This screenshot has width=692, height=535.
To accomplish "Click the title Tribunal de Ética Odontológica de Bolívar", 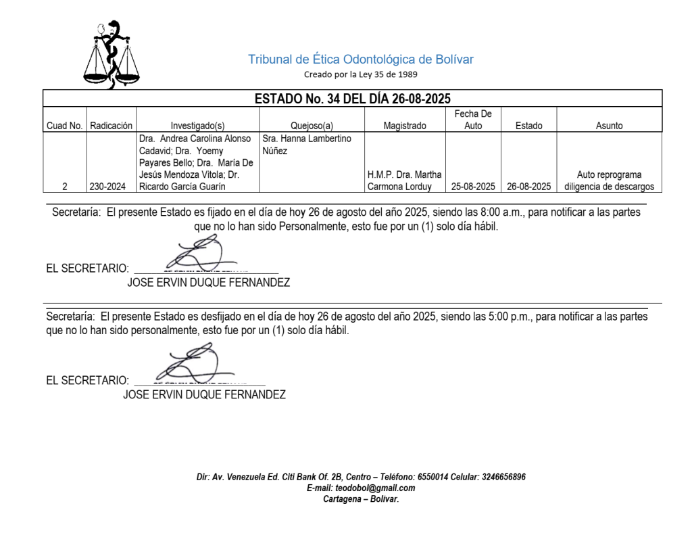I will (361, 60).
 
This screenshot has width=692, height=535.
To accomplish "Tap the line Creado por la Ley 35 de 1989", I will (361, 74).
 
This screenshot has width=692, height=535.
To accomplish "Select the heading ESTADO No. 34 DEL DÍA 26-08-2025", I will (352, 99).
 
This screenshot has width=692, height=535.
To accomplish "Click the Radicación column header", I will (112, 125).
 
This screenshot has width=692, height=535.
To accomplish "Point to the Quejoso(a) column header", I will (312, 125).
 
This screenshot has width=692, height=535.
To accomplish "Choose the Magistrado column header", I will (405, 125).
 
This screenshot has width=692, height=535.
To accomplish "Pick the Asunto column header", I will (609, 125).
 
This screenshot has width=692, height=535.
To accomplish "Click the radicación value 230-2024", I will (112, 186).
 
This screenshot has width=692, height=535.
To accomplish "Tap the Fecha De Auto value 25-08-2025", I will (473, 186).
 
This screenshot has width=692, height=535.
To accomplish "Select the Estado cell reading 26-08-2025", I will (528, 186).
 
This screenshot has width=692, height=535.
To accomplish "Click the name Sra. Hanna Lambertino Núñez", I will (306, 145).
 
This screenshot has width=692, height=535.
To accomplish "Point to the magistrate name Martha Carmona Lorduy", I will (405, 181).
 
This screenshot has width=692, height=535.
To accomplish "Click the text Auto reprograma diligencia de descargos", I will (609, 181).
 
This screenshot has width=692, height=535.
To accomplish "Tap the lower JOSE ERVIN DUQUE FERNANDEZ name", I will (204, 395).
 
